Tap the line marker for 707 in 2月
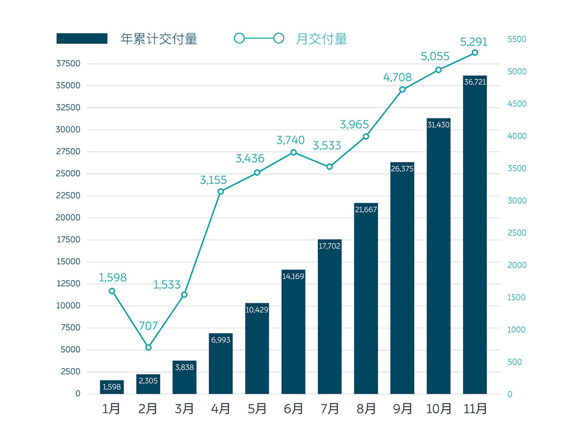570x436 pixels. click(148, 347)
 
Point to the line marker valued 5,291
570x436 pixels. click(474, 52)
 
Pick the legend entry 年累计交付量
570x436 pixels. click(159, 39)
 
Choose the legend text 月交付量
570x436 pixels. click(321, 39)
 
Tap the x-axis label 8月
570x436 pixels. click(366, 409)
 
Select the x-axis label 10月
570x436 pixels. click(439, 409)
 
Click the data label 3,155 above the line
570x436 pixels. click(213, 180)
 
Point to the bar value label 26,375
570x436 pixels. click(402, 169)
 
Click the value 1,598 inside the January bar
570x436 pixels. click(112, 387)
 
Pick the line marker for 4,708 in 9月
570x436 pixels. click(402, 89)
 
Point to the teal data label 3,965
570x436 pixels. click(354, 125)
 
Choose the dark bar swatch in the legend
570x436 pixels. click(82, 39)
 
